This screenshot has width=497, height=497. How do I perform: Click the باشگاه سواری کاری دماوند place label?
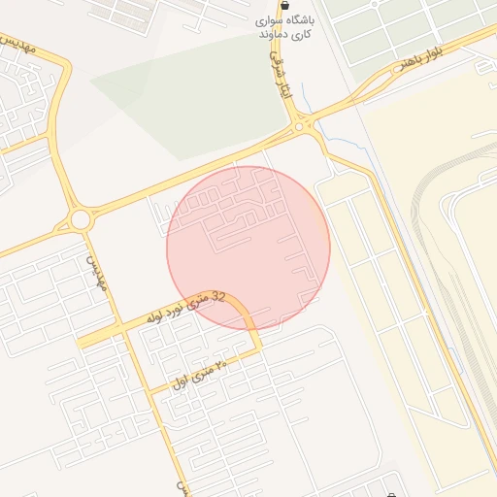click(x=283, y=26)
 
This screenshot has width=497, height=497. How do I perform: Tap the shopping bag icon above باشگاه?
click(x=284, y=5)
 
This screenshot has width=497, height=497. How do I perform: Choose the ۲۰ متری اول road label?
click(x=199, y=373)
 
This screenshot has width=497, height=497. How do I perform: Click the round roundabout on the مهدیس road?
click(x=81, y=219)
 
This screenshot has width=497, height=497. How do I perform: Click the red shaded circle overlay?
click(x=248, y=247)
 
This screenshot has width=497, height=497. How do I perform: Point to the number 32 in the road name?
click(x=217, y=296)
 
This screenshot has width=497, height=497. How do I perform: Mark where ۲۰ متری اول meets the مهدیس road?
click(x=155, y=391)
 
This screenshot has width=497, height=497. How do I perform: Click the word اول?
click(x=179, y=381)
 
